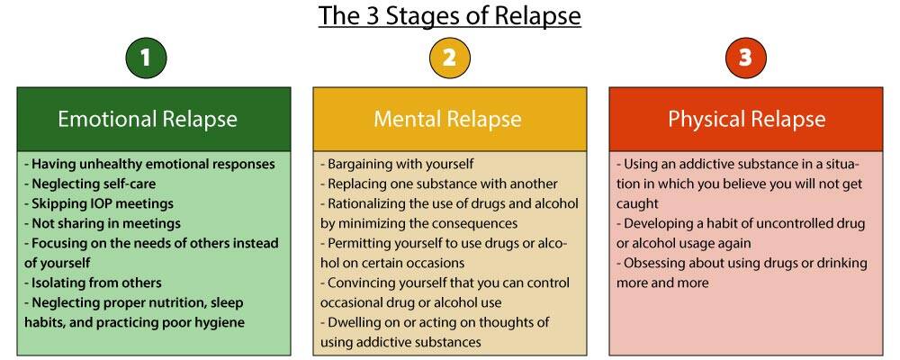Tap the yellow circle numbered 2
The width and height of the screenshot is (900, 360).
click(x=449, y=58)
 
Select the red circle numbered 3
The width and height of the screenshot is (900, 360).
click(x=745, y=58)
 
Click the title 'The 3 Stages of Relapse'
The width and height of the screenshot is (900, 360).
click(x=449, y=16)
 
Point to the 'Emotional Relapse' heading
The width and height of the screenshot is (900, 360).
click(x=148, y=119)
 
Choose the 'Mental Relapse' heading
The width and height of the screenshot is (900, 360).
click(x=447, y=119)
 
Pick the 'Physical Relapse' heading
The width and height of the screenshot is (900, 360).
click(x=746, y=119)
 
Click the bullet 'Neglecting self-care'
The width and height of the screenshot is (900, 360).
click(x=85, y=184)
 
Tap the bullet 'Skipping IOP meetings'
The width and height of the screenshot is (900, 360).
click(x=99, y=203)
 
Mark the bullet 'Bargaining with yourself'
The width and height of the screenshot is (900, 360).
click(x=397, y=164)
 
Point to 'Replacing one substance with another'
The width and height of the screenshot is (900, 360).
click(x=439, y=184)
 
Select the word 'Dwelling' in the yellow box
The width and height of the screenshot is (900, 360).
click(x=358, y=322)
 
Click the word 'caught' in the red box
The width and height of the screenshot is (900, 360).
click(x=637, y=203)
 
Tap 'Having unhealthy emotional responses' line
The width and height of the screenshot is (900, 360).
click(x=149, y=164)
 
